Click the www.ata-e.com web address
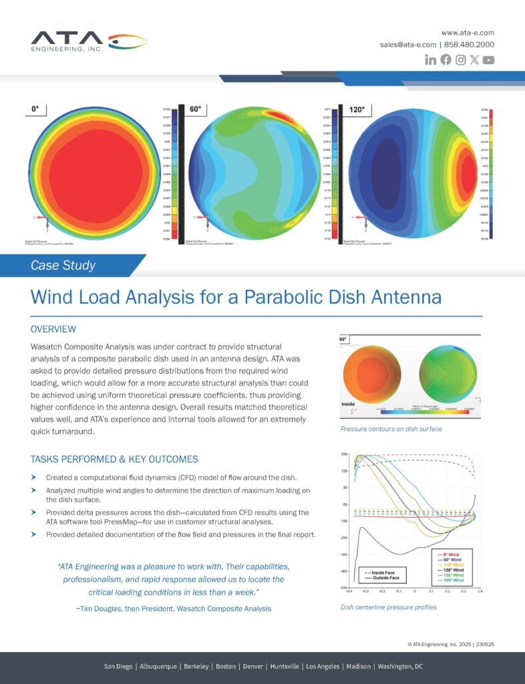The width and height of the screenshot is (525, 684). pos(468,32)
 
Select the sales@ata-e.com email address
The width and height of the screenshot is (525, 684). pos(408,45)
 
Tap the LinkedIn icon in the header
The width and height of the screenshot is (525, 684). pos(431,60)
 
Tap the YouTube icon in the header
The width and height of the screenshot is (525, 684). pos(489,60)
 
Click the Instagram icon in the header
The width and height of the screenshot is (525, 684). pos(460,60)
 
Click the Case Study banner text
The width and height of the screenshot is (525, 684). pos(63,265)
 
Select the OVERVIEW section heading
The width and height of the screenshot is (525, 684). pos(53,329)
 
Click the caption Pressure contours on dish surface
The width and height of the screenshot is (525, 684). pos(391,429)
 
